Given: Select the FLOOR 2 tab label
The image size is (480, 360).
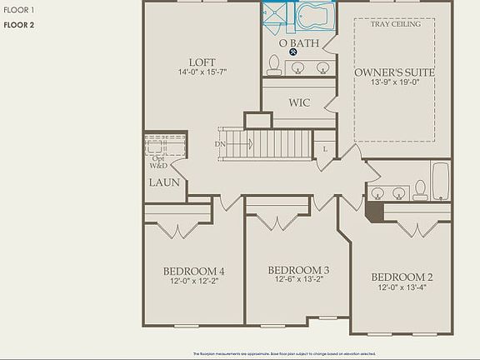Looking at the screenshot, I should [18, 25].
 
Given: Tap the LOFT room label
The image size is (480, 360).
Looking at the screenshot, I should [202, 62].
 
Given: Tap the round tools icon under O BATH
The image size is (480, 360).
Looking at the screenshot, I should [294, 52].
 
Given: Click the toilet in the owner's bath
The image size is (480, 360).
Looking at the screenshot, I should [273, 65].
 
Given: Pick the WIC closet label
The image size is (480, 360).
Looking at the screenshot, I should [299, 102].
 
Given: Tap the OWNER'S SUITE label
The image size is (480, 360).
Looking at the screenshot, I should [394, 72].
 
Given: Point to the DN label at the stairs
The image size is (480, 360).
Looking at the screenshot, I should [220, 144].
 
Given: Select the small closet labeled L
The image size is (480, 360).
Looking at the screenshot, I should [325, 149].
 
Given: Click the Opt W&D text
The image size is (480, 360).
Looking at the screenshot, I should [158, 162].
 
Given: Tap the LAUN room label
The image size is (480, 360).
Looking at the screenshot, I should [164, 182].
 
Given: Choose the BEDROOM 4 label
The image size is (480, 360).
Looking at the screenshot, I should [193, 271].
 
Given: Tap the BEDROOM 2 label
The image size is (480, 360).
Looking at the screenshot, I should [402, 277].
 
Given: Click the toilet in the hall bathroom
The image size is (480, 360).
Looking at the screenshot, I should [421, 189].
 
